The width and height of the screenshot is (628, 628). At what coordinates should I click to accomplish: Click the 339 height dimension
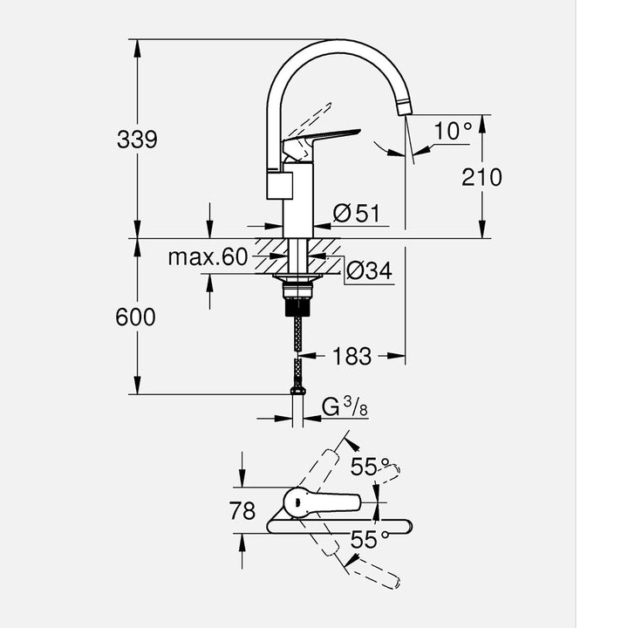click(x=137, y=139)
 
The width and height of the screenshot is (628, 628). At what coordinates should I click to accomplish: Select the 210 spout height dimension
click(x=481, y=177)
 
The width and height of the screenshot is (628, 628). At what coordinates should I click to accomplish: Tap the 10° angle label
click(x=454, y=132)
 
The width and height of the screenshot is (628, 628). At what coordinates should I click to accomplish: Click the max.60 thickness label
click(x=208, y=257)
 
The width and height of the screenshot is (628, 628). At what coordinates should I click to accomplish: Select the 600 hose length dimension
click(x=136, y=317)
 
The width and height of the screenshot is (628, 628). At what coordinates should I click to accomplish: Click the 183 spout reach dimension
click(x=352, y=356)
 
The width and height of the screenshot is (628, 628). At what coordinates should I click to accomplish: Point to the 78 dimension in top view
click(x=242, y=511)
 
